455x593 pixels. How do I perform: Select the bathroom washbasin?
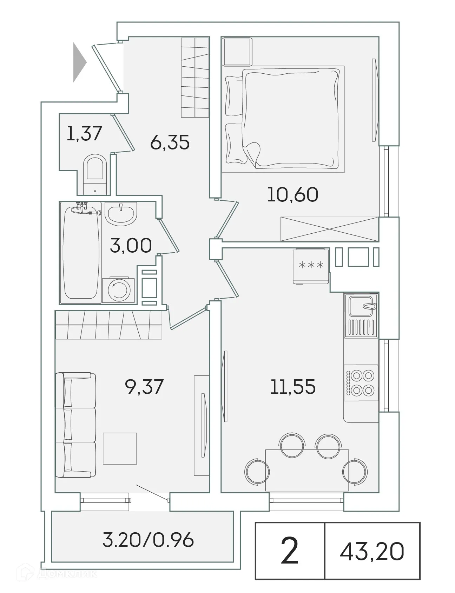tap(120, 214)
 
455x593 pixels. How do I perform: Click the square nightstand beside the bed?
tap(237, 52)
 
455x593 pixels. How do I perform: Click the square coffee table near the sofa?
tap(120, 448)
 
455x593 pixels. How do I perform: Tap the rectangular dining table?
tap(307, 470)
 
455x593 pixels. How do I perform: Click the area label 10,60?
tap(292, 195)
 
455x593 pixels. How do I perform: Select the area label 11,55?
tap(293, 387)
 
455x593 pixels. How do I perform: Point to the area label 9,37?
tap(144, 386)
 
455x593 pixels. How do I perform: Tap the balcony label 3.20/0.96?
tap(148, 540)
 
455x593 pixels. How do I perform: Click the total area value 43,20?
tap(372, 551)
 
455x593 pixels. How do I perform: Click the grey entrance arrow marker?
tap(79, 62)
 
